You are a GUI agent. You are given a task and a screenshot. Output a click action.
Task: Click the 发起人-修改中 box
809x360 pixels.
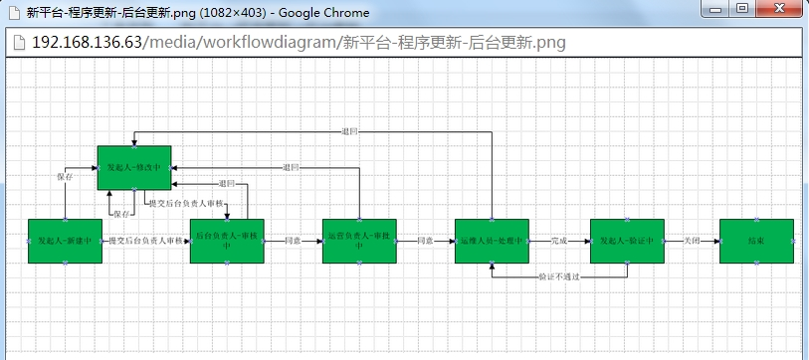[x=134, y=167]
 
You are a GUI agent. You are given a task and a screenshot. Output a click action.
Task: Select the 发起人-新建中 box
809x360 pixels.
[x=66, y=241]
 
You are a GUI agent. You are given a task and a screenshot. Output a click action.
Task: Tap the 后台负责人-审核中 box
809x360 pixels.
[x=227, y=241]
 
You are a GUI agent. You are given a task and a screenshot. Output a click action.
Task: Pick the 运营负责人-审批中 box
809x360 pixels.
[x=359, y=241]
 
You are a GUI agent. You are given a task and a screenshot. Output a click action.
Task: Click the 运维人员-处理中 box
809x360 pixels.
[x=492, y=241]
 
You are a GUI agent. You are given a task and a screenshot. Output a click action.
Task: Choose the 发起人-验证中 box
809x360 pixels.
[x=626, y=241]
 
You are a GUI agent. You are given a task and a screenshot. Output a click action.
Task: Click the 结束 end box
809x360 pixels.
[x=756, y=241]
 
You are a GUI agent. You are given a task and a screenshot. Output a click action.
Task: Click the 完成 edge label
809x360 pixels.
[x=559, y=241]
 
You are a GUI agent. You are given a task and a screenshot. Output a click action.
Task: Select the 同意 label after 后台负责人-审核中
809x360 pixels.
[x=293, y=241]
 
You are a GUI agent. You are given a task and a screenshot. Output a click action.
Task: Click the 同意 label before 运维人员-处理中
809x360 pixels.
[x=425, y=241]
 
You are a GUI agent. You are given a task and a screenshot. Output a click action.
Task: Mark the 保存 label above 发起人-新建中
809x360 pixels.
[x=65, y=176]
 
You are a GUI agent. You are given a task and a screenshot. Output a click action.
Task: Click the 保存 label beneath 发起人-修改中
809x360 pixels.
[x=121, y=214]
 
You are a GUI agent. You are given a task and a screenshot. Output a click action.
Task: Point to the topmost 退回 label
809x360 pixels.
[x=349, y=131]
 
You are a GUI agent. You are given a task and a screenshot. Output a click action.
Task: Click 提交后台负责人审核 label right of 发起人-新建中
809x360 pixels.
[x=146, y=241]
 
